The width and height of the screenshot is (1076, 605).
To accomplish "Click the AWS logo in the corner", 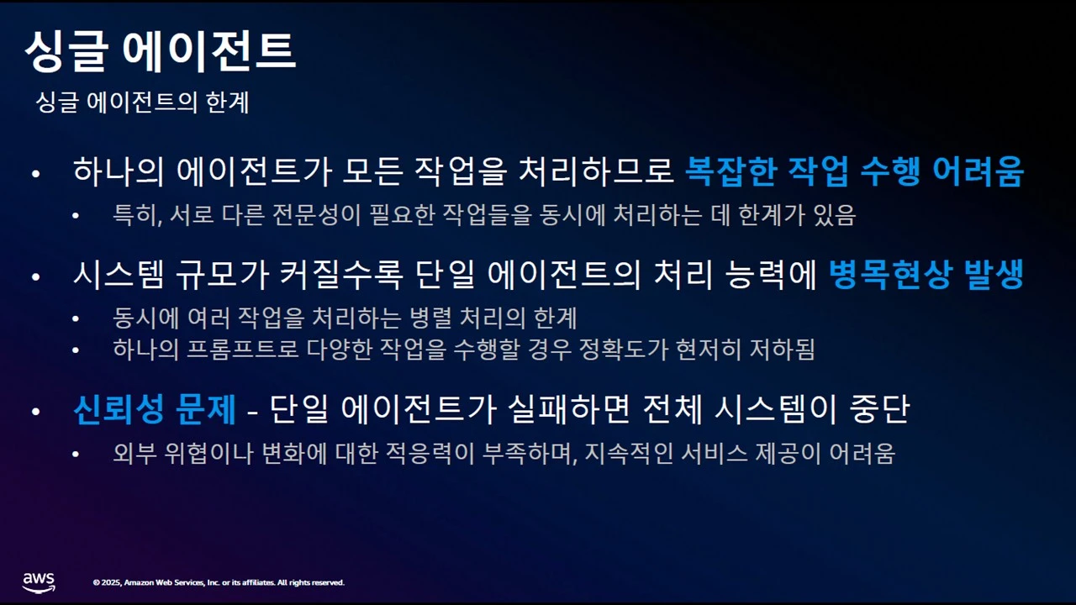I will click(39, 582).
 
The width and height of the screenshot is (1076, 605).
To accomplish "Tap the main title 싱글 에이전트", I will click(160, 51).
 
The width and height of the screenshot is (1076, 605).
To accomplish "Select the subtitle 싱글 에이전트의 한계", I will click(142, 103).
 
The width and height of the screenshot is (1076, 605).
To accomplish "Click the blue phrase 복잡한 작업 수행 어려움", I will click(854, 172).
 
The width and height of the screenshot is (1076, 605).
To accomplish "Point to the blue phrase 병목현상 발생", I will click(926, 276).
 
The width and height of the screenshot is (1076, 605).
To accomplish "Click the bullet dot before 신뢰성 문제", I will click(35, 412).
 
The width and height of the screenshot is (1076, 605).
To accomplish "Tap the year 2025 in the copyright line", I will click(110, 582).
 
